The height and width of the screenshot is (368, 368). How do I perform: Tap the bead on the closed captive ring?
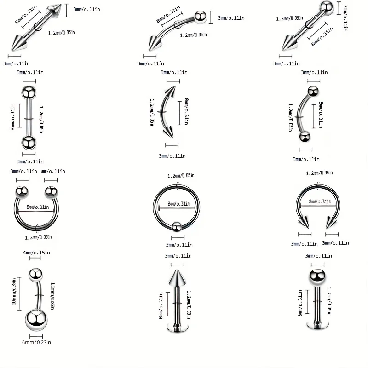click(x=175, y=225)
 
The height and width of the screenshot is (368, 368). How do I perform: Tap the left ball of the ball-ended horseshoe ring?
click(x=22, y=191)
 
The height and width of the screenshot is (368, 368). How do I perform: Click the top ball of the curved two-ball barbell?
click(x=313, y=91)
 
